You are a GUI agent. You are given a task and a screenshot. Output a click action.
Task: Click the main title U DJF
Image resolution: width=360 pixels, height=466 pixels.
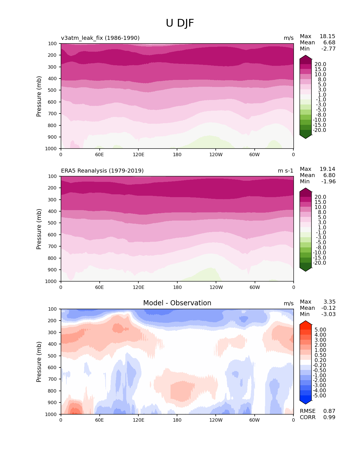(180, 23)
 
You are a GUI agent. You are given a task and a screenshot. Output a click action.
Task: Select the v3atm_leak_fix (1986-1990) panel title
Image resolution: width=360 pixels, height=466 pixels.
(100, 38)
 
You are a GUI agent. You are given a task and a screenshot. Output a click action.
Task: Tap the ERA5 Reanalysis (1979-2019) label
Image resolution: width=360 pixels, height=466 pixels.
(102, 171)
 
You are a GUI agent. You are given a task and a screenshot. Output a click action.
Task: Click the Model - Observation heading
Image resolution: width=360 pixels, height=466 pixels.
(177, 303)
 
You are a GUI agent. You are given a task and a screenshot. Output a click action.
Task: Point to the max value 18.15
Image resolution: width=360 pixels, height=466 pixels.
(327, 36)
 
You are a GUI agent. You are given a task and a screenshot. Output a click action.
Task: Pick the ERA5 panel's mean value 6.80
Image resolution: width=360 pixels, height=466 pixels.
(329, 175)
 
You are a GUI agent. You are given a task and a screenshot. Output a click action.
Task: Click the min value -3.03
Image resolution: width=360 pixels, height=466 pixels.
(328, 314)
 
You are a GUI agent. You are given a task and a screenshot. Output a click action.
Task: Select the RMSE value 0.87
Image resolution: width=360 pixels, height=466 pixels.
(329, 411)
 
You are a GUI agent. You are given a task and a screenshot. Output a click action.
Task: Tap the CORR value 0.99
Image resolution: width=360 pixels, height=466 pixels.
(329, 417)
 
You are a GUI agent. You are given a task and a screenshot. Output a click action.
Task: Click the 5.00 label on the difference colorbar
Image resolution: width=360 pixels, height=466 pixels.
(320, 330)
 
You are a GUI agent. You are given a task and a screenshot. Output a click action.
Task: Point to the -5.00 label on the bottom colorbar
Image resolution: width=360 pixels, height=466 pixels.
(320, 395)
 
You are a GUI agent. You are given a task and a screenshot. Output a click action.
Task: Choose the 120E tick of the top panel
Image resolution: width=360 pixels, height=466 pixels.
(138, 154)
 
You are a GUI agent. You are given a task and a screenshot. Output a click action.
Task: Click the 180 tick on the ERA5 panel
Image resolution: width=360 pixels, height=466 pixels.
(177, 287)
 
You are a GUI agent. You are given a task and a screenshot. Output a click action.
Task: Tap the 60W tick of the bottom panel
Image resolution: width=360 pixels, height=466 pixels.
(254, 420)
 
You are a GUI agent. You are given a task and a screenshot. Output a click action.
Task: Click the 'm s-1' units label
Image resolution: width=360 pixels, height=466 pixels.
(285, 171)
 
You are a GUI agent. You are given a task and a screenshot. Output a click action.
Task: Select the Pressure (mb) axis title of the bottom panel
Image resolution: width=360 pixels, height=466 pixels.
(39, 362)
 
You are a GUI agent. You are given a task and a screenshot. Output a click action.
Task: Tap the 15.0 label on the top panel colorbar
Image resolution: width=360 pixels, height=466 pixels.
(320, 69)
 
